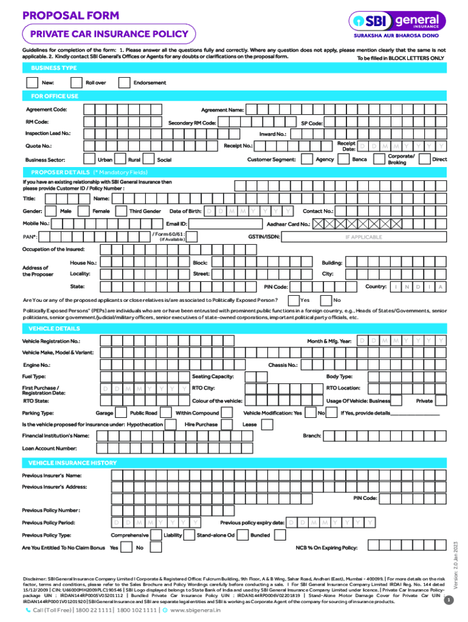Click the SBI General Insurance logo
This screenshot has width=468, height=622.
pos(397,22)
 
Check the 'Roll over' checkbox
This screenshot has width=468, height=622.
pos(77,83)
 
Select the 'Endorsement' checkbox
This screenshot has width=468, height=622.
pos(124,83)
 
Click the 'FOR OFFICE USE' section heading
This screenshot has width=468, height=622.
pos(55,96)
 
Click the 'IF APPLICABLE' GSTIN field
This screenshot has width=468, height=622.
pos(363,237)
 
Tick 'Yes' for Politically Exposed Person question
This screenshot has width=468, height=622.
pos(293,300)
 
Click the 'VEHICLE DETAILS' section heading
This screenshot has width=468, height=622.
pos(55,329)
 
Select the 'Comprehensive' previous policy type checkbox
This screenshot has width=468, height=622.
pos(156,536)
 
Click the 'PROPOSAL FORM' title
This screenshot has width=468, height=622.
pos(71,15)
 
